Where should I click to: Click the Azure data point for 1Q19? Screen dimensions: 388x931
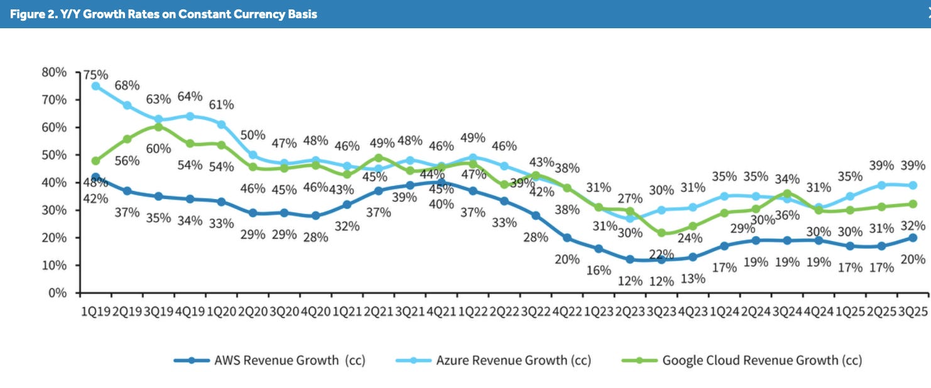click(x=95, y=86)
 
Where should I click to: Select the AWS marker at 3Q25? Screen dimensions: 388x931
click(x=912, y=238)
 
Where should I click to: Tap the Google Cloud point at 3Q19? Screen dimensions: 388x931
click(x=158, y=127)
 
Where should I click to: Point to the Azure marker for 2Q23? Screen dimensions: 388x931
click(x=629, y=218)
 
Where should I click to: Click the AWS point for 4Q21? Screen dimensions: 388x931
click(x=441, y=183)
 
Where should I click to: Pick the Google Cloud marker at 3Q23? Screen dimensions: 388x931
click(x=661, y=232)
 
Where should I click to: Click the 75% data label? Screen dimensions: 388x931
click(x=95, y=74)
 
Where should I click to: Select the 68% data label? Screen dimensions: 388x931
click(x=127, y=85)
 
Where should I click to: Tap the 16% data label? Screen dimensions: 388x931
click(x=598, y=270)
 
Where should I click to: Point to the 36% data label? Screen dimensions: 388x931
click(x=787, y=215)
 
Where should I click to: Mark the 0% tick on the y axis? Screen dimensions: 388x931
click(x=57, y=293)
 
